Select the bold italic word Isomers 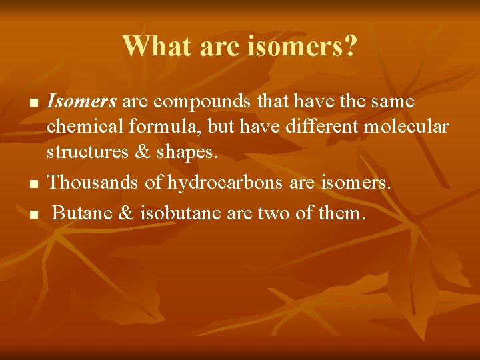click(x=82, y=102)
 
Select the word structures click(x=85, y=152)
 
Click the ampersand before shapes click(x=142, y=152)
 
